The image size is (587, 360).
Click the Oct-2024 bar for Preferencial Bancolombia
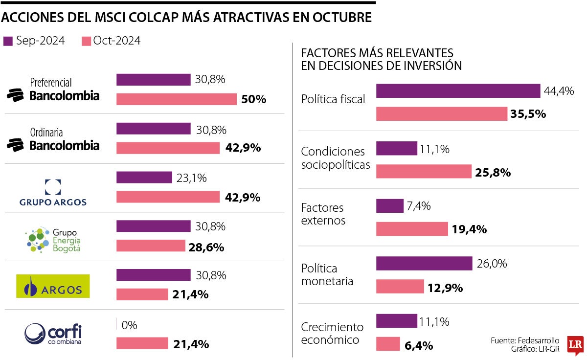(x=177, y=99)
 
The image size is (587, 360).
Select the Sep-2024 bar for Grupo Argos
(x=144, y=178)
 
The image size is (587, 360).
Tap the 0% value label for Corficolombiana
(x=129, y=325)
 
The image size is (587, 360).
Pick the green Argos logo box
(x=53, y=286)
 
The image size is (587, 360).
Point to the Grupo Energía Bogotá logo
(x=53, y=239)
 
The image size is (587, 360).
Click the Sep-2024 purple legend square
(x=8, y=41)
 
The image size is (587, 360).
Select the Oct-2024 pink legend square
(x=86, y=41)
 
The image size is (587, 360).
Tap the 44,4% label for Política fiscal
(x=559, y=91)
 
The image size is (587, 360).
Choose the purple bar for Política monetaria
(x=424, y=263)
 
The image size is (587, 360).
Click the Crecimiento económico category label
(x=332, y=333)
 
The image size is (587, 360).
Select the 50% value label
(x=253, y=100)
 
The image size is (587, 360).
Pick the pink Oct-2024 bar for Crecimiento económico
(x=388, y=344)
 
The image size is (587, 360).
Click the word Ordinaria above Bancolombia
(x=46, y=132)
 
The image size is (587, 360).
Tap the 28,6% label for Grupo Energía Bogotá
(x=206, y=247)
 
